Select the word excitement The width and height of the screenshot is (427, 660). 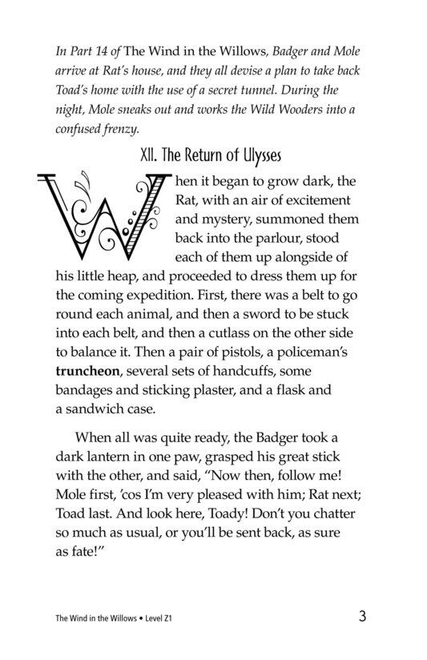(x=319, y=199)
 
